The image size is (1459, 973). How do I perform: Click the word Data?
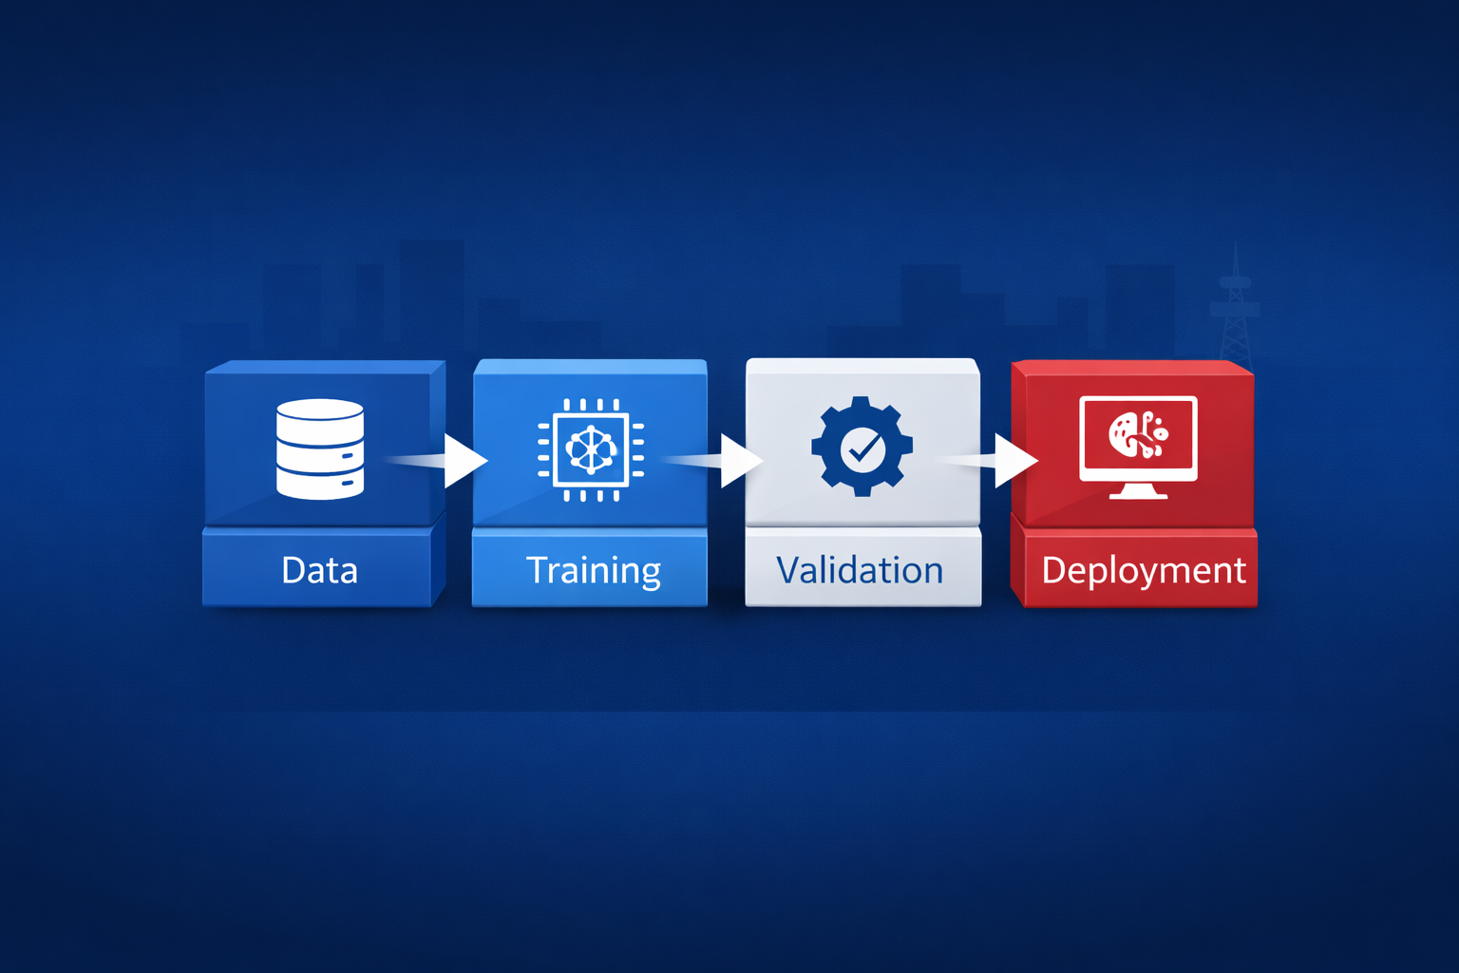(x=319, y=570)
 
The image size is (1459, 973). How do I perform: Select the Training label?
(x=593, y=570)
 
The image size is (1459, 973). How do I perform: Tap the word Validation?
(x=860, y=570)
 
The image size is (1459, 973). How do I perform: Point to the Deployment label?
(x=1143, y=570)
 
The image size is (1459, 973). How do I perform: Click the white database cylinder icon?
(x=320, y=448)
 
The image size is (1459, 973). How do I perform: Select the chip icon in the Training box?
(x=591, y=448)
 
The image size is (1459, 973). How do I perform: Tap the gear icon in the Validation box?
(x=862, y=447)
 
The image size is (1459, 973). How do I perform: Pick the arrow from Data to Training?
(x=464, y=461)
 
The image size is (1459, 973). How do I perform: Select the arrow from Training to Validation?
(x=740, y=461)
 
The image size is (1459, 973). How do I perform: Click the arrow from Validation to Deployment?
(x=1014, y=461)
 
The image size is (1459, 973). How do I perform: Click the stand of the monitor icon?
(x=1138, y=490)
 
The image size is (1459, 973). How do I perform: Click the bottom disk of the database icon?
(x=320, y=484)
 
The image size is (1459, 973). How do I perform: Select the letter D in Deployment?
(x=1053, y=570)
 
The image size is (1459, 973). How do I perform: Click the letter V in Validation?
(x=787, y=570)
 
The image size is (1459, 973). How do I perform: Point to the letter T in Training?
(x=538, y=569)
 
